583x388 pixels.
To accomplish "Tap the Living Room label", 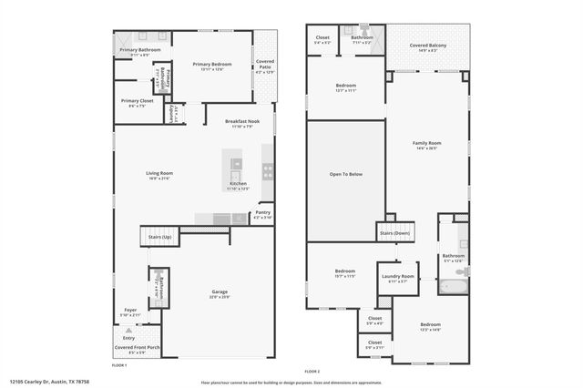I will point(159,173).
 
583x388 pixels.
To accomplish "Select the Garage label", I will point(219,291).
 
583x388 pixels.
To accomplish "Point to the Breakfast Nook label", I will point(240,121).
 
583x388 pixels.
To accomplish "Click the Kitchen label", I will point(237,183).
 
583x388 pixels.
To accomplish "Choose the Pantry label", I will point(262,213).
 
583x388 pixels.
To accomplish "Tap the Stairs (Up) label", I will point(161,237).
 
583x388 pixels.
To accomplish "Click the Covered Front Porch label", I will point(138,348).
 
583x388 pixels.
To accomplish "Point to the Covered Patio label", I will point(264,62).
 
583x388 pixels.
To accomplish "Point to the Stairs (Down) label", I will point(394,233).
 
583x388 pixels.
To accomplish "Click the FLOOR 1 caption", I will point(119,364).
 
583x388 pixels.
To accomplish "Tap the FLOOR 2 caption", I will point(312,372).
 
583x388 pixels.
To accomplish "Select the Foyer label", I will point(130,310).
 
